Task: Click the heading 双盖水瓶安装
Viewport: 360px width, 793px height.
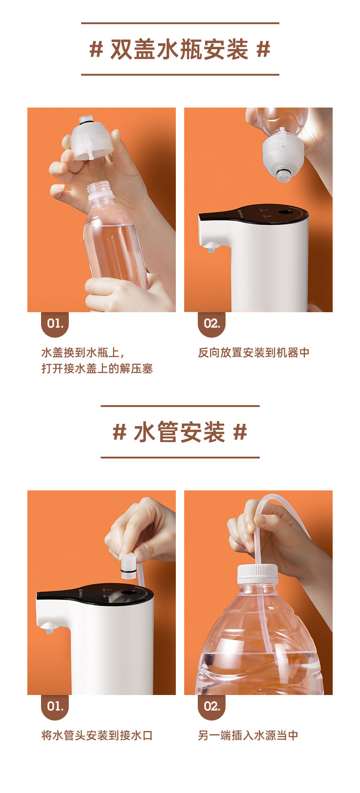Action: [180, 49]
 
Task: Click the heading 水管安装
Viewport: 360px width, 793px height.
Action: [180, 432]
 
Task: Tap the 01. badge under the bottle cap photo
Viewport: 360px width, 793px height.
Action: [55, 324]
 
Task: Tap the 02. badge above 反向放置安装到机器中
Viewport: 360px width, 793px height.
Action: [212, 324]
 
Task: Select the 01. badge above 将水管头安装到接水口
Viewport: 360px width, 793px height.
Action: [55, 707]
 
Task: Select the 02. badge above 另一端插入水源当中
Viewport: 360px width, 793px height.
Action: [212, 707]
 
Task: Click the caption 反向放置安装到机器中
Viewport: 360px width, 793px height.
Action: [254, 353]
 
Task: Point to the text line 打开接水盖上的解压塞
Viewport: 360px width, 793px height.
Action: [97, 369]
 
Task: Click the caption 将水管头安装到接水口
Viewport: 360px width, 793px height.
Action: [97, 736]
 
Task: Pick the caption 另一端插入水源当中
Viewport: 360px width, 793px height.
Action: [248, 736]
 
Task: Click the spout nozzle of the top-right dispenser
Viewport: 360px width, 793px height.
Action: [210, 248]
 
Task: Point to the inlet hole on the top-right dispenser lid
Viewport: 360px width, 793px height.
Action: [287, 212]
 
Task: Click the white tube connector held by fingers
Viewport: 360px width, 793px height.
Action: [129, 566]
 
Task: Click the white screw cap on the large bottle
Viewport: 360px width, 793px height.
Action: [257, 574]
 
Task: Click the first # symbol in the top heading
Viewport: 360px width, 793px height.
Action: [96, 49]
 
